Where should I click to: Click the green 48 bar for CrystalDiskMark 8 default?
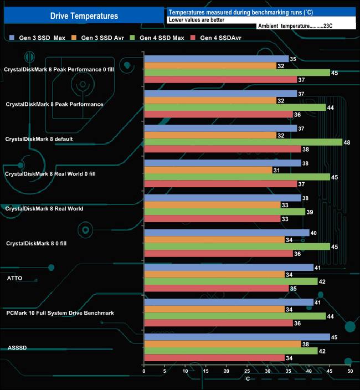point(243,142)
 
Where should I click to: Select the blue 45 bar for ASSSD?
point(236,337)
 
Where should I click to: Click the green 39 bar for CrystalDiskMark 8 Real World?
point(224,212)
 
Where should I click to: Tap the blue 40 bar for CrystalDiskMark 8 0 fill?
point(227,233)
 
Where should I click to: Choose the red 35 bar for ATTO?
point(216,288)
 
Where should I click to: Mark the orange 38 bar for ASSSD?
point(222,343)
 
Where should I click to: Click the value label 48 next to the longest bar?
point(347,142)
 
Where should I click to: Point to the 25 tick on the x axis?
point(247,372)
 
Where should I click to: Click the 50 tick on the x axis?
point(350,372)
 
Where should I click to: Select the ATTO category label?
point(15,278)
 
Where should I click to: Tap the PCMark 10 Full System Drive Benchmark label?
point(60,313)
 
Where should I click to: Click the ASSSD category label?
point(16,348)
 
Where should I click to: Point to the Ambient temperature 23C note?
point(295,26)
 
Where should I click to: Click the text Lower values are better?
point(196,19)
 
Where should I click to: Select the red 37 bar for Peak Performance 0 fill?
point(220,79)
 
